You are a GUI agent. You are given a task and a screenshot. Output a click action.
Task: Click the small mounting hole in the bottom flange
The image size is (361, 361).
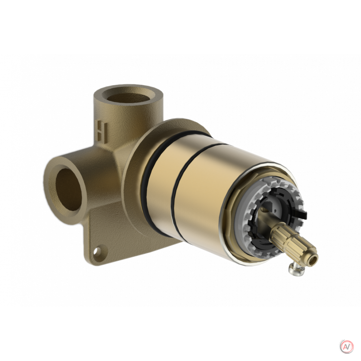100,251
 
